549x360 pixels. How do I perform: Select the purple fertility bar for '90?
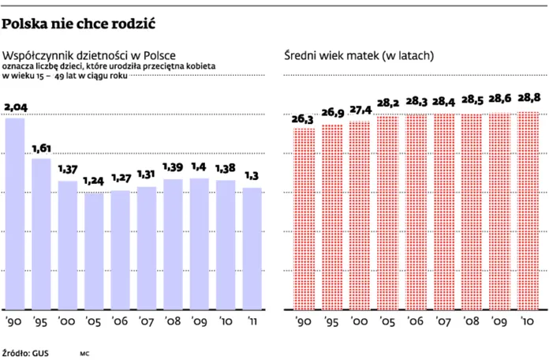[15, 213]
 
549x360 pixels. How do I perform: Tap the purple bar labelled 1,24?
[94, 250]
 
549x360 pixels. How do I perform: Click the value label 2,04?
[15, 107]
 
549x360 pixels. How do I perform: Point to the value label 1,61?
[41, 148]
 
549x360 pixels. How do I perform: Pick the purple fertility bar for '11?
[252, 248]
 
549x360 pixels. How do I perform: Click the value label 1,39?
[174, 168]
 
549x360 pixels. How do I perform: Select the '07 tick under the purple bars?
[147, 321]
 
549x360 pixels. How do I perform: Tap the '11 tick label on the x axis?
[252, 321]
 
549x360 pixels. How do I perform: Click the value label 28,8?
[527, 98]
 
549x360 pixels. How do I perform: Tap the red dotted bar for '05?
[387, 212]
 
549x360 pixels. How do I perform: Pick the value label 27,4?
[359, 109]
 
